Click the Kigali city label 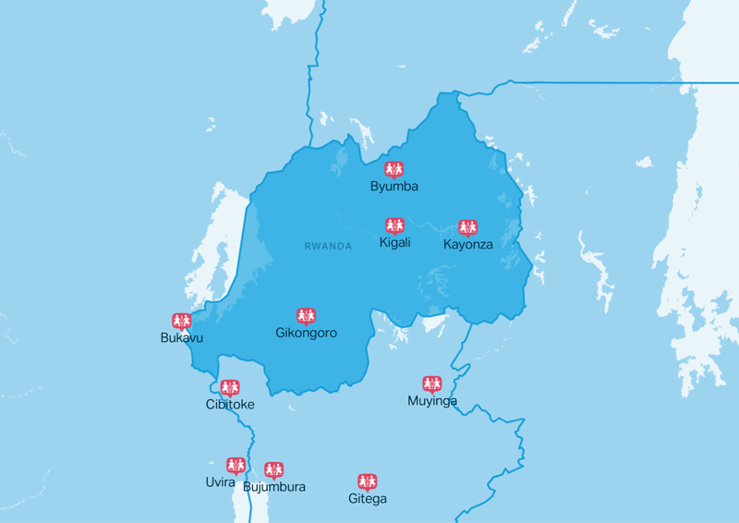pyautogui.click(x=394, y=243)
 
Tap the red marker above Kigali pyautogui.click(x=394, y=225)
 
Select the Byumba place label pyautogui.click(x=394, y=187)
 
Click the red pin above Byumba pyautogui.click(x=394, y=169)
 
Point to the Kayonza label pyautogui.click(x=467, y=245)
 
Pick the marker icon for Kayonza pyautogui.click(x=467, y=227)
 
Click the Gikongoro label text pyautogui.click(x=306, y=333)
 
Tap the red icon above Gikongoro pyautogui.click(x=306, y=316)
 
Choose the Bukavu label pyautogui.click(x=181, y=338)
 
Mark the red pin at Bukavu pyautogui.click(x=181, y=321)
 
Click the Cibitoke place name pyautogui.click(x=230, y=405)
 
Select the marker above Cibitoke pyautogui.click(x=230, y=387)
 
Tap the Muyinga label pyautogui.click(x=432, y=401)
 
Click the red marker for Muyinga pyautogui.click(x=432, y=383)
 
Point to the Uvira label pyautogui.click(x=221, y=482)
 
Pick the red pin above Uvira pyautogui.click(x=236, y=465)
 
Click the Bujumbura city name pyautogui.click(x=273, y=487)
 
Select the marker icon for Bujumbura pyautogui.click(x=273, y=470)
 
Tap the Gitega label pyautogui.click(x=368, y=499)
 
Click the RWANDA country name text pyautogui.click(x=328, y=247)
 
